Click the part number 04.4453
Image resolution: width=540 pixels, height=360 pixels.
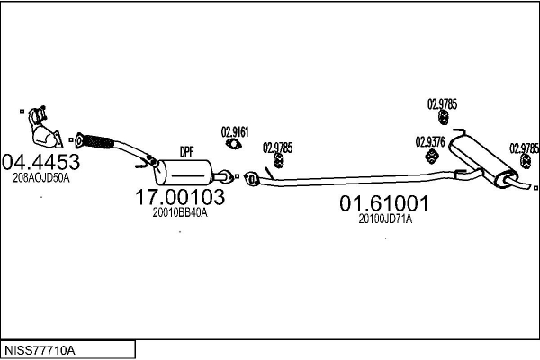(x=41, y=162)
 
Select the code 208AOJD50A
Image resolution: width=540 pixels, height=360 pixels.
(x=41, y=178)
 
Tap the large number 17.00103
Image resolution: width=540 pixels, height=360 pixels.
(x=179, y=197)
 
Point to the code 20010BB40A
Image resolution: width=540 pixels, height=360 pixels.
(x=179, y=213)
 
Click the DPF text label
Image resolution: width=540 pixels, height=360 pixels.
(x=187, y=151)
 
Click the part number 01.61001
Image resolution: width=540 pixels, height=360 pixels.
(x=383, y=204)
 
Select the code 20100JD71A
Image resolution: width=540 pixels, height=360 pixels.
(x=384, y=219)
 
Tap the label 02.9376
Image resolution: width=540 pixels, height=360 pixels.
(x=428, y=141)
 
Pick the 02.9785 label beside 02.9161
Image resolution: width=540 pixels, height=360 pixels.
(x=277, y=147)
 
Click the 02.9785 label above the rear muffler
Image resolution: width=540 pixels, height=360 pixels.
(x=442, y=103)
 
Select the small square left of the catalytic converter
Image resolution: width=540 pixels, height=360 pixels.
(x=20, y=112)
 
